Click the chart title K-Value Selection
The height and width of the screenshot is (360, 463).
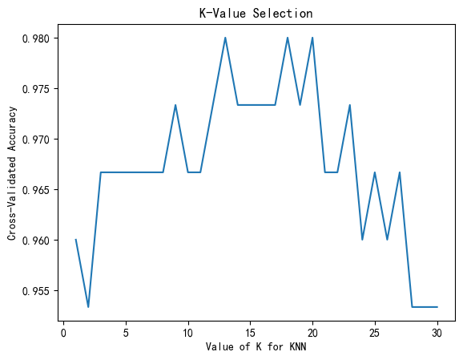256,14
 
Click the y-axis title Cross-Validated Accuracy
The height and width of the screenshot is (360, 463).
12,173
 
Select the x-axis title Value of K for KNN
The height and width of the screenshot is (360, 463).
256,346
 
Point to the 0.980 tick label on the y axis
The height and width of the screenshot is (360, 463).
36,38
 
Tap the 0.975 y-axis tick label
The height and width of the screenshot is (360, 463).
36,89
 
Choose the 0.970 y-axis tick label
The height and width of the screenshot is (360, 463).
36,140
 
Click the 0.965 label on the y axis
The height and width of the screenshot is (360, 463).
36,190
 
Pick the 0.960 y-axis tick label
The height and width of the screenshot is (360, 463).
36,241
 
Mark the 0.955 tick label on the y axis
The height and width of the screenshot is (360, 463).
36,291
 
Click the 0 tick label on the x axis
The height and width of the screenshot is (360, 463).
63,333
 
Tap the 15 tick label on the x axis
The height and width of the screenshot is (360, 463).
250,333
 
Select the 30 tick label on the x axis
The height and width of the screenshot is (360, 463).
437,333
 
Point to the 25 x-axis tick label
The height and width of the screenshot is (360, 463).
375,333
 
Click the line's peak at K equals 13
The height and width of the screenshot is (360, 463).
225,38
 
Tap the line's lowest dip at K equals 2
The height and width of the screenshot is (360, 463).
88,307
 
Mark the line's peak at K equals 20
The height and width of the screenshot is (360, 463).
312,38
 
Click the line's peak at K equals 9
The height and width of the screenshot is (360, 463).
175,105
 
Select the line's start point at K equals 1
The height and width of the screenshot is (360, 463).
76,240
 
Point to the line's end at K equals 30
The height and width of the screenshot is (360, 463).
437,307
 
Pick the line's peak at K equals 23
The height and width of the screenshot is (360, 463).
350,105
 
